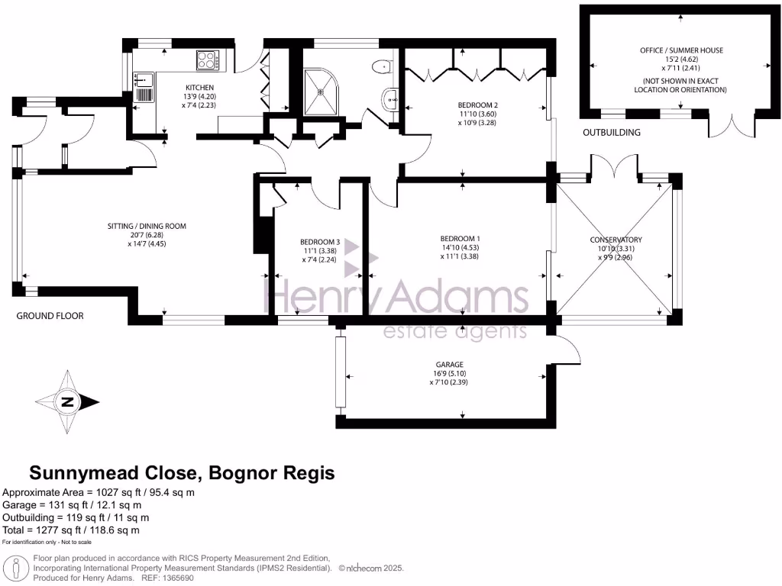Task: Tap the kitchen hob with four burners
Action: point(208,60)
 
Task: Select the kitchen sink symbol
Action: point(144,86)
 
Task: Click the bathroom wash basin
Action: point(393,98)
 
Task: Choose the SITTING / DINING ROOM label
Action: point(146,226)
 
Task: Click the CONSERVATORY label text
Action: point(616,240)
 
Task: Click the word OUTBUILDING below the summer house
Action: point(612,133)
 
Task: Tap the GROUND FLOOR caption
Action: point(50,315)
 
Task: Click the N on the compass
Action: point(68,402)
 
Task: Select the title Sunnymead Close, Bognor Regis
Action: point(182,473)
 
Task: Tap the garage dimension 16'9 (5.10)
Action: point(457,374)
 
